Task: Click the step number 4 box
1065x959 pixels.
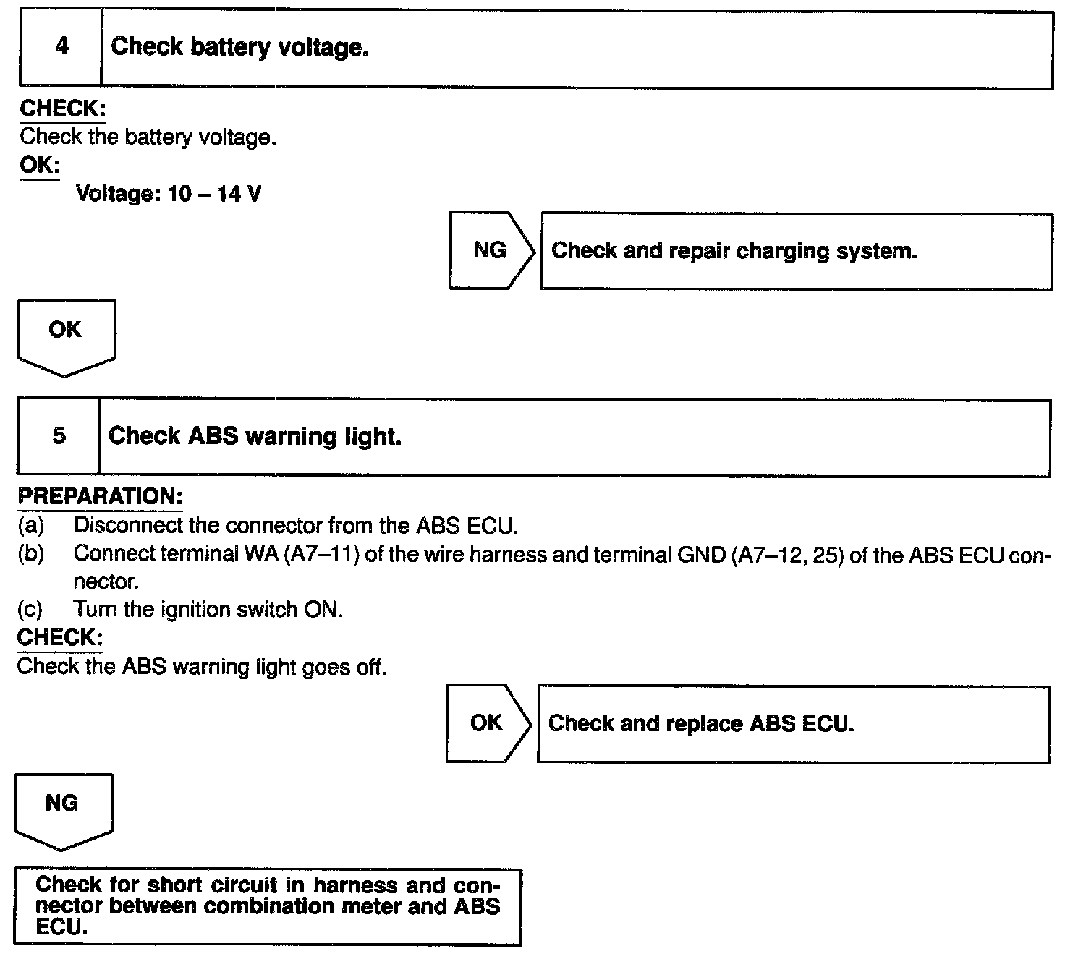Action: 61,48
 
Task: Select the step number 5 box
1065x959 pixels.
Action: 59,436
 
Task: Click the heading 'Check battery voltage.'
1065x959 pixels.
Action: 239,48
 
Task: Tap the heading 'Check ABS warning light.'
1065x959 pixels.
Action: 255,436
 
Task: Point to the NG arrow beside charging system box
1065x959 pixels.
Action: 491,250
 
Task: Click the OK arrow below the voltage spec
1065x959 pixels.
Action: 65,334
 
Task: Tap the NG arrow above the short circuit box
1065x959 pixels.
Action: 62,808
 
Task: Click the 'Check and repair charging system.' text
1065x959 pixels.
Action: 734,251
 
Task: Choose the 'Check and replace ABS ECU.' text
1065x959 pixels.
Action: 701,723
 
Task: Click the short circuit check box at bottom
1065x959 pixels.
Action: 268,906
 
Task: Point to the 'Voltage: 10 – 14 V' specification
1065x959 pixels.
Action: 169,194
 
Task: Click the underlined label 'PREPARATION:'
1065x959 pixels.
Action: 100,497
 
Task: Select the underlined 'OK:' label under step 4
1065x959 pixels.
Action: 39,165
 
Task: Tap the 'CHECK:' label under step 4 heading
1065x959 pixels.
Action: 62,108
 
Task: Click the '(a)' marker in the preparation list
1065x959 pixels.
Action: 30,524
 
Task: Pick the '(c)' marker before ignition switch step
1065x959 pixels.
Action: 30,609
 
